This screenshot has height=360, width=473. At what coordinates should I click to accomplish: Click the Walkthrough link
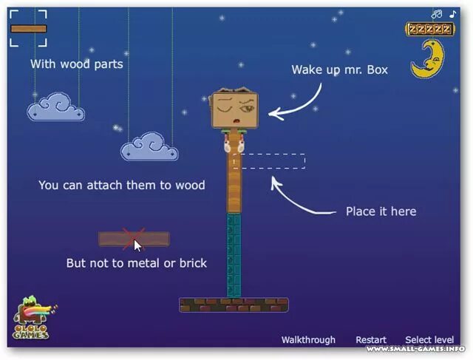[308, 340]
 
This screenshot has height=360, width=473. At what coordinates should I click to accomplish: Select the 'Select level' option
[429, 340]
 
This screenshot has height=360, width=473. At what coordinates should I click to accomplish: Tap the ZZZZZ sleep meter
[429, 30]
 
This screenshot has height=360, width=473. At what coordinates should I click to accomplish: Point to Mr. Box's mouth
[236, 121]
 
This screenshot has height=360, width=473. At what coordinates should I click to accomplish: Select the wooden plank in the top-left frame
[29, 29]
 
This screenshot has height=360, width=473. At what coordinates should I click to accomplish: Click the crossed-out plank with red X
[134, 239]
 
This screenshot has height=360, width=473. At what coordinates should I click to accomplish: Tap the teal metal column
[234, 255]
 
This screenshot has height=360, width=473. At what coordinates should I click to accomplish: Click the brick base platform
[234, 305]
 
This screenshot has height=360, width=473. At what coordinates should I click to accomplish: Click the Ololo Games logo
[33, 318]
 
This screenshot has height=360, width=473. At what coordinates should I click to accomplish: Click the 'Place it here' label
[381, 211]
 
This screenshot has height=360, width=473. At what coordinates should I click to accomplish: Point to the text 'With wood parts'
[77, 64]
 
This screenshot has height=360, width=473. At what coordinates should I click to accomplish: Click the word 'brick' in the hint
[192, 263]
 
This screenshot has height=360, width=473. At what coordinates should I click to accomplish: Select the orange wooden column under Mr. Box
[234, 181]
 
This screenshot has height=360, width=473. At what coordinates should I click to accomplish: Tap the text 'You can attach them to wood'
[121, 185]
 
